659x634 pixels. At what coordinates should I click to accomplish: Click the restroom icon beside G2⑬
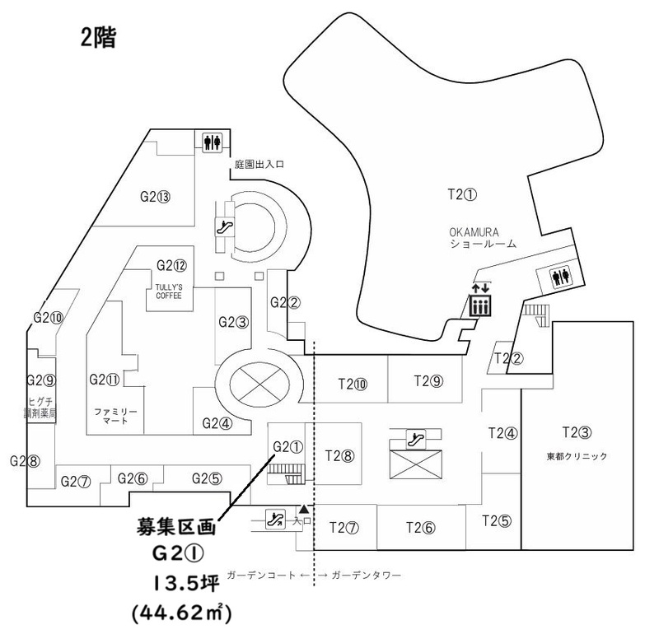point(212,142)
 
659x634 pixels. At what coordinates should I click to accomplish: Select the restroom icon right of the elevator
point(563,277)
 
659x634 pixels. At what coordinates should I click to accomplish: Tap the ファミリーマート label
point(115,415)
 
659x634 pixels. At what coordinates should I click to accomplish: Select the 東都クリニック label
point(577,456)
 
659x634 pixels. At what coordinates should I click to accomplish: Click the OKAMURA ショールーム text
point(483,238)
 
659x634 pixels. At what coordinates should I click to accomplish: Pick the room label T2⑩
point(352,383)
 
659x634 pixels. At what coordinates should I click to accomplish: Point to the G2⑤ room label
point(207,478)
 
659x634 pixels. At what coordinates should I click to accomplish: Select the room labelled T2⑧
point(339,454)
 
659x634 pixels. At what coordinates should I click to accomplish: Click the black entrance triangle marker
point(304,510)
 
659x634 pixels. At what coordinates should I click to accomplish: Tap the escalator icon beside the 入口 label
point(275,519)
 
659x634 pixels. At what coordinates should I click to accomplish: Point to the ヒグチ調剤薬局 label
point(40,408)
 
